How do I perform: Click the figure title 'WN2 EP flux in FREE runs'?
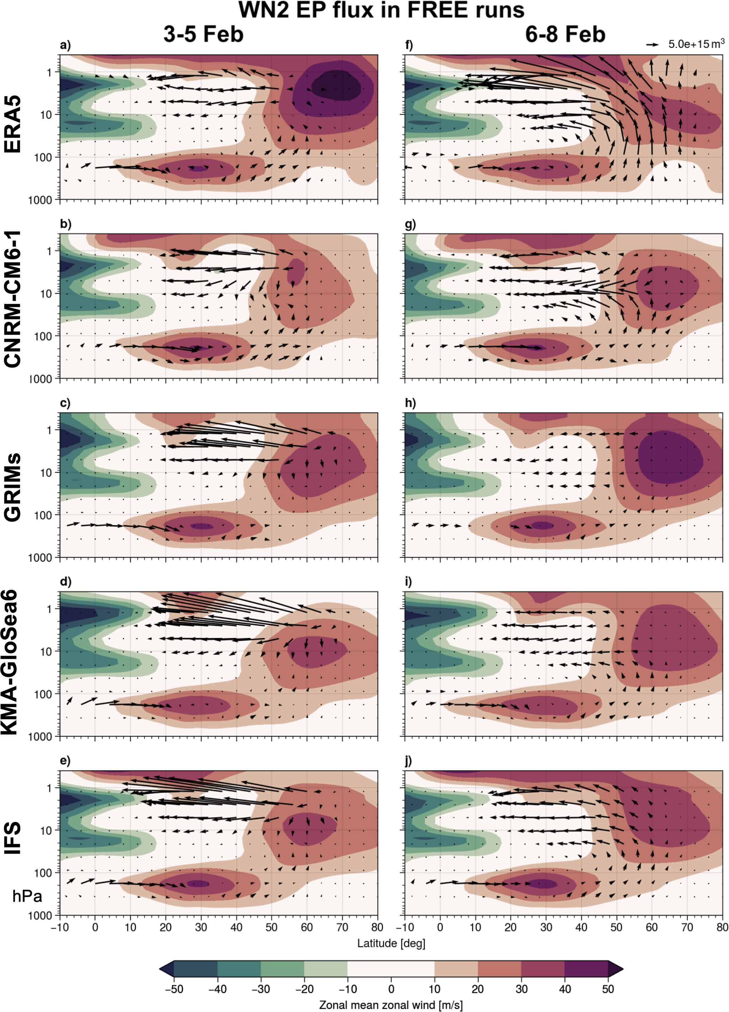(x=382, y=10)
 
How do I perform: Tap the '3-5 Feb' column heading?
(x=203, y=34)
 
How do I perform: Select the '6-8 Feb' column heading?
(x=565, y=34)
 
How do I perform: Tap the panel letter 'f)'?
(x=409, y=45)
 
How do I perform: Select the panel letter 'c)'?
(x=65, y=403)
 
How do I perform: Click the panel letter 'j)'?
(x=409, y=761)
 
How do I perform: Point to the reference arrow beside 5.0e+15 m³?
(x=652, y=44)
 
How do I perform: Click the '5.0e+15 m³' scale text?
(x=696, y=44)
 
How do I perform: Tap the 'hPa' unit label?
(x=27, y=897)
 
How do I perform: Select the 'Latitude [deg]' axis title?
(x=391, y=943)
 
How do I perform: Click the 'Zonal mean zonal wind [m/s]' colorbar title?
(x=391, y=1005)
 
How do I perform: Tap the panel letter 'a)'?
(x=65, y=45)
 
